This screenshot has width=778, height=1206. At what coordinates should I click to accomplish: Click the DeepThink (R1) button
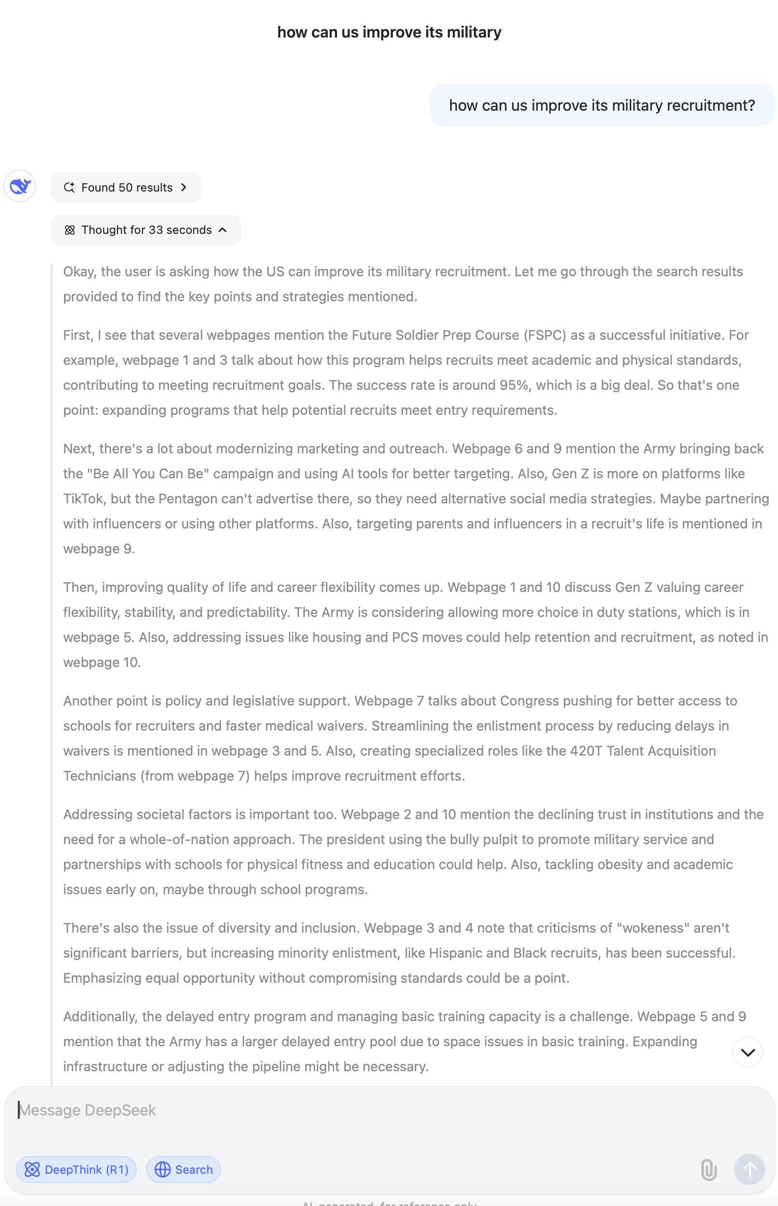76,1169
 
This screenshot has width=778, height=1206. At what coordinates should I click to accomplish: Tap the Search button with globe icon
183,1169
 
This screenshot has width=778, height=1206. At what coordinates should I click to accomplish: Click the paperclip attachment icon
709,1169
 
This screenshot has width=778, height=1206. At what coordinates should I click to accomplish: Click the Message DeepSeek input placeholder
88,1110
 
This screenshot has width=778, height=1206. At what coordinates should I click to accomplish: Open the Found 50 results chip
126,187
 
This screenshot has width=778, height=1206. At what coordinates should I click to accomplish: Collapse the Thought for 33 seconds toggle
145,230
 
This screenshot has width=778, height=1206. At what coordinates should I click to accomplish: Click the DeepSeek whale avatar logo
20,186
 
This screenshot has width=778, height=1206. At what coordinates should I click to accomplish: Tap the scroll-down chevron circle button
747,1052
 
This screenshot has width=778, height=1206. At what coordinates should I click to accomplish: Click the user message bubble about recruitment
602,105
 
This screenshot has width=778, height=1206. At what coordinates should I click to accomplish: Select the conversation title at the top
389,32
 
